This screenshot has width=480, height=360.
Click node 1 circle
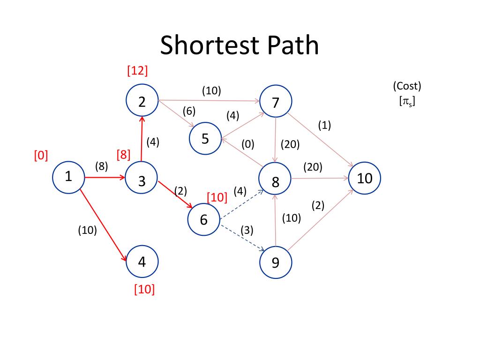68,177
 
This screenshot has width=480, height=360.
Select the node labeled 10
365,178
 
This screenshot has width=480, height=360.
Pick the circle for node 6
203,220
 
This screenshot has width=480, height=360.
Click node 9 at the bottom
276,262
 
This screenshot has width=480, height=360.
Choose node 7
276,102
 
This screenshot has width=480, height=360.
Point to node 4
142,262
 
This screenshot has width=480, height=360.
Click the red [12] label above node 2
137,71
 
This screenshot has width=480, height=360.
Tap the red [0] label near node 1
41,156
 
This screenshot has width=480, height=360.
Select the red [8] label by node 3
124,155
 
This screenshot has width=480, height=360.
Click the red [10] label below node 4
144,290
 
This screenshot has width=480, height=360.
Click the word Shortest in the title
202,46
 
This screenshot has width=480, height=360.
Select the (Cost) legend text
407,86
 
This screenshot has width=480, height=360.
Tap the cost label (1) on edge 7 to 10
324,126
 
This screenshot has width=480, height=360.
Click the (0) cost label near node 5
248,144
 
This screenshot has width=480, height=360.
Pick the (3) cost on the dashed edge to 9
247,230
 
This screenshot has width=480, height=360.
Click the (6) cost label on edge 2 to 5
189,112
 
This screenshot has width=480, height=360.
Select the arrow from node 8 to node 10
320,178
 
